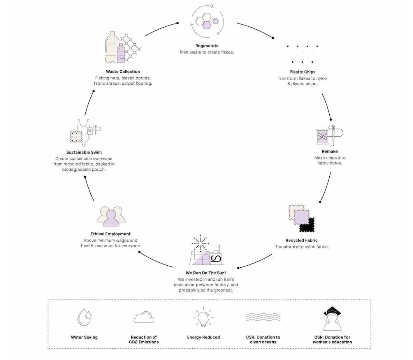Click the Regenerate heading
207,46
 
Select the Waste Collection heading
123,71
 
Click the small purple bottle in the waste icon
121,53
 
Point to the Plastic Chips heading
302,72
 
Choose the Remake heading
330,151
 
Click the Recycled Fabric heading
301,240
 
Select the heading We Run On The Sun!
206,273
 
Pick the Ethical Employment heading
110,234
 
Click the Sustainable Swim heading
84,152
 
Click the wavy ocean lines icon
263,317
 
